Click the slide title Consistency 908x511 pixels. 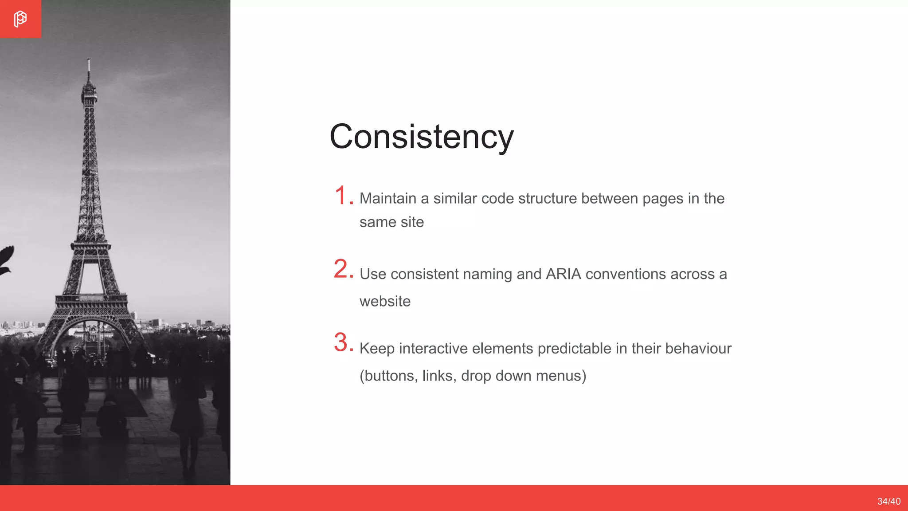click(x=421, y=137)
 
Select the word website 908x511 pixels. click(x=385, y=301)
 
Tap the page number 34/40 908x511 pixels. click(x=888, y=501)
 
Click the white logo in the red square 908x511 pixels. click(x=20, y=19)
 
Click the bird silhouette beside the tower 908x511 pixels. click(x=6, y=261)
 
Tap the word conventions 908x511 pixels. click(x=626, y=274)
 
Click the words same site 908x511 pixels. click(x=391, y=222)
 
